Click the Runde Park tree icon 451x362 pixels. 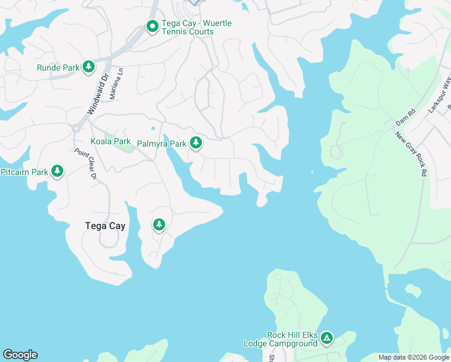point(89,67)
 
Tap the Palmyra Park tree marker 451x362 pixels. point(195,144)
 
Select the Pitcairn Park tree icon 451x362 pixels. point(57,172)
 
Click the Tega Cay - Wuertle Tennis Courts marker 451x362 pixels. point(152,27)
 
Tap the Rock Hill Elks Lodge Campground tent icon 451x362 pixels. point(326,338)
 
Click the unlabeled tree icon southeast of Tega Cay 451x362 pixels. point(159,225)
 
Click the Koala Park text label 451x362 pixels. point(110,141)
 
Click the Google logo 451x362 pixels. point(20,355)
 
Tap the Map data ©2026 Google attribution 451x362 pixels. point(413,357)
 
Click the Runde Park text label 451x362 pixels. point(58,68)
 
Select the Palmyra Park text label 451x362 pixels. point(162,144)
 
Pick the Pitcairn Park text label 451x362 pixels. point(24,173)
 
